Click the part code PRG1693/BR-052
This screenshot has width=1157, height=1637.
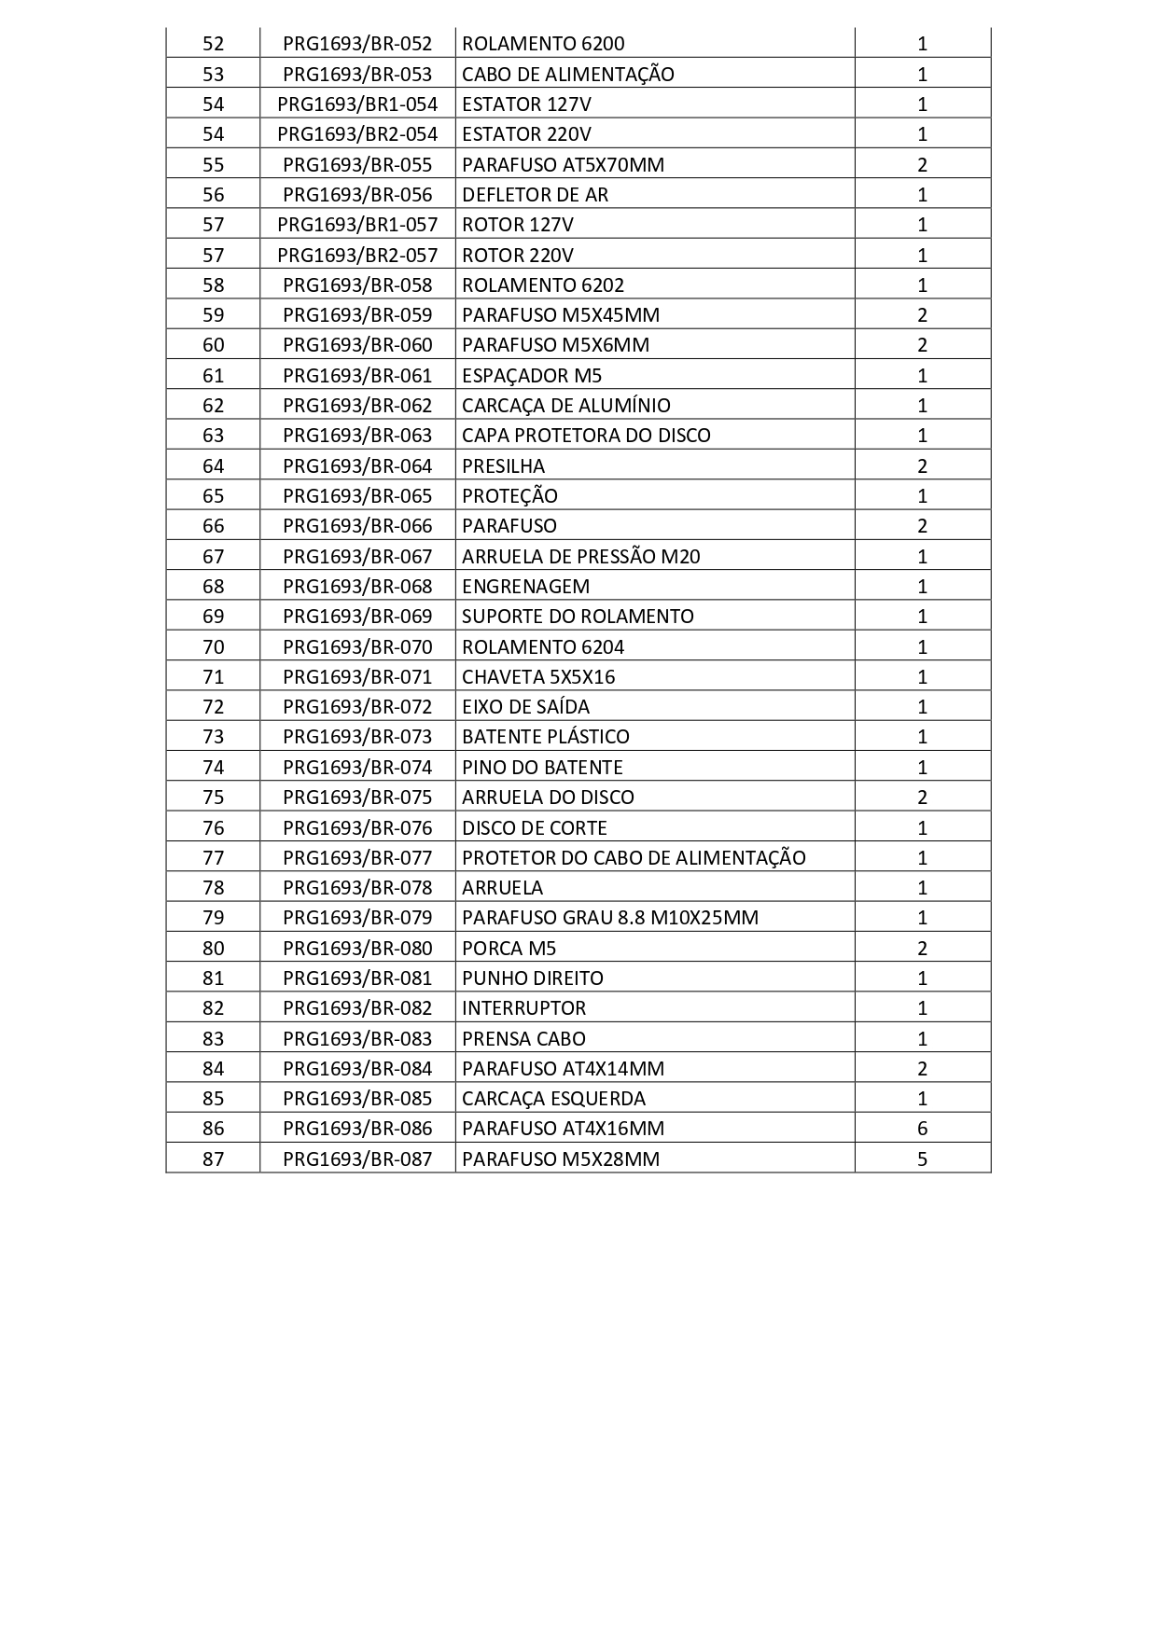[357, 44]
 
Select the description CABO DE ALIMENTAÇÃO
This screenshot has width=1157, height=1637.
[567, 75]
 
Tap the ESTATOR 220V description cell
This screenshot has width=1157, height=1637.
[526, 134]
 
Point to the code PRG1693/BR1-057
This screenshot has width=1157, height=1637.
[357, 225]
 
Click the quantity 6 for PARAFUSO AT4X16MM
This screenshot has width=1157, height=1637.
[922, 1129]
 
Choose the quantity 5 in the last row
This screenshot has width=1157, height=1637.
[922, 1159]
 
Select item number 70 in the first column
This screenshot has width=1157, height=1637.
[213, 647]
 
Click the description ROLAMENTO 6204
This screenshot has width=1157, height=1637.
[543, 647]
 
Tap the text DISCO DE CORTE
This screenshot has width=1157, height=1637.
[534, 828]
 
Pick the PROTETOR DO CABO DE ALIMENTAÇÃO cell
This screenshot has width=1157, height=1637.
[634, 858]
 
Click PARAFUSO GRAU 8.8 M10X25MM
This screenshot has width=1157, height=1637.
[610, 918]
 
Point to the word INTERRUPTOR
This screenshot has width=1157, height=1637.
[523, 1008]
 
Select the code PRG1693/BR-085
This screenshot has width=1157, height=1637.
[357, 1099]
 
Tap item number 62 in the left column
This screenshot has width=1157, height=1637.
[213, 406]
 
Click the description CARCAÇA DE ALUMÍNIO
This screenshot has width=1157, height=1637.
[565, 406]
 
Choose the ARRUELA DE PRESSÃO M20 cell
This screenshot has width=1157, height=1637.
[580, 557]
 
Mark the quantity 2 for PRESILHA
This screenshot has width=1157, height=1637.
[922, 466]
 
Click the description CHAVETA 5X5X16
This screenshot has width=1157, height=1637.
[538, 677]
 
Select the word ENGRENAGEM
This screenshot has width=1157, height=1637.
[525, 587]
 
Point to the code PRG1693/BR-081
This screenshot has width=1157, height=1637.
[357, 978]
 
